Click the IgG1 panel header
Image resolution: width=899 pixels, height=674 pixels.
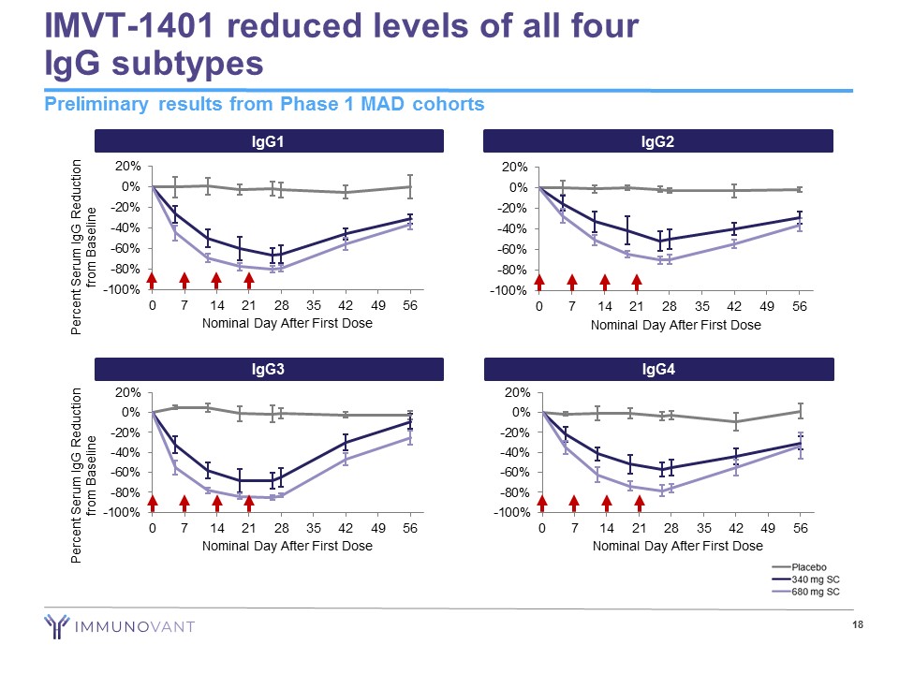[x=268, y=141]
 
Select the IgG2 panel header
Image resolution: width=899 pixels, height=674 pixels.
[x=658, y=141]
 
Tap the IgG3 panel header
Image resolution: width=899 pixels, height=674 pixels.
[x=268, y=370]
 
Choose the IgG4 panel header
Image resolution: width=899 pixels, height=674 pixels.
[x=658, y=370]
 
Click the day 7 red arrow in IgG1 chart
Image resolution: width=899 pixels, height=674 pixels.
[x=184, y=280]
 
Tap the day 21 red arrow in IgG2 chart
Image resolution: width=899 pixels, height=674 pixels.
[x=637, y=281]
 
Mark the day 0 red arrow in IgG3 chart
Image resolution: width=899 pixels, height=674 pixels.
[x=153, y=504]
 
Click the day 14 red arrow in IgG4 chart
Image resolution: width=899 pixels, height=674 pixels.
[x=607, y=504]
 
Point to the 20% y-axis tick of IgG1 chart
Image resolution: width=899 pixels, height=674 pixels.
[x=127, y=167]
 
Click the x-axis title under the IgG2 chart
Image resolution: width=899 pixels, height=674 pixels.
[x=675, y=325]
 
